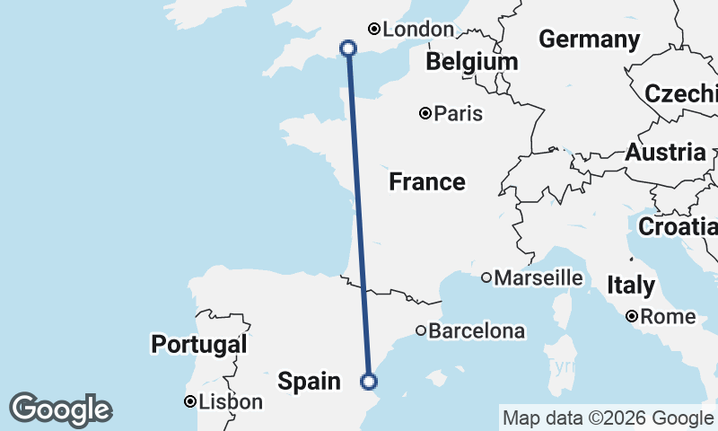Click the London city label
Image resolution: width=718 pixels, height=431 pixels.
[x=418, y=30]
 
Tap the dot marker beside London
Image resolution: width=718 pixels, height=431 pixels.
[x=374, y=30]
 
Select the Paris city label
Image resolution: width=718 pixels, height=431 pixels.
[x=458, y=114]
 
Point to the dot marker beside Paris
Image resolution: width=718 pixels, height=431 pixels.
[x=425, y=113]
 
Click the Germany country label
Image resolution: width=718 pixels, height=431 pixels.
[x=589, y=40]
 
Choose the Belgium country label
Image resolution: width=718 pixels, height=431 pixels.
[x=472, y=62]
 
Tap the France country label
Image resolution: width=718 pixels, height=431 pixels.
[x=427, y=182]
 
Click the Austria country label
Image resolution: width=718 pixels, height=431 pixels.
[x=665, y=152]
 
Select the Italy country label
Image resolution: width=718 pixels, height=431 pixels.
[x=631, y=286]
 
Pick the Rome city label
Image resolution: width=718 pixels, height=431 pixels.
[x=669, y=317]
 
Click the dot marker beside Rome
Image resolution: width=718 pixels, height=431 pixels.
[x=633, y=316]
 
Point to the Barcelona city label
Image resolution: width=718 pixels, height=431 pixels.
[x=477, y=331]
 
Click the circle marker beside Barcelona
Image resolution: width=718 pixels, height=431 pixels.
[x=421, y=330]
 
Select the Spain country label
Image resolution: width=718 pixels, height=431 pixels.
[x=309, y=382]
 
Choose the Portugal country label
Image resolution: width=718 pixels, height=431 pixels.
[x=198, y=344]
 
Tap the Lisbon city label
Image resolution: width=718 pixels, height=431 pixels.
[x=232, y=402]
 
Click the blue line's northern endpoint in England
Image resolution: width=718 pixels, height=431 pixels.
[x=348, y=48]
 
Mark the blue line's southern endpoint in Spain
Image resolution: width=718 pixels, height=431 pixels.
[x=368, y=382]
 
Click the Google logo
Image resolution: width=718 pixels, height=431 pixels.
[x=61, y=409]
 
